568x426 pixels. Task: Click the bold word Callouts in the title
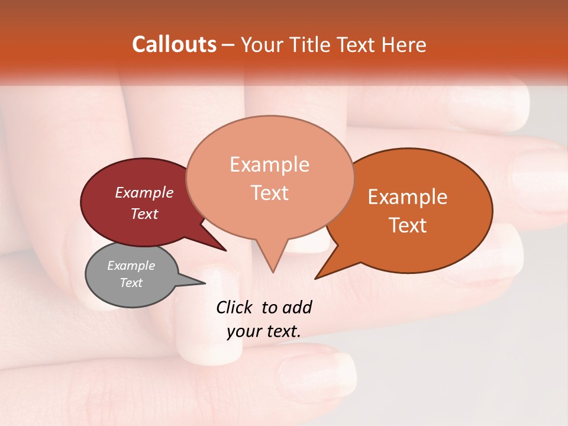point(174,44)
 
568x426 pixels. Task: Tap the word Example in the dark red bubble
point(144,192)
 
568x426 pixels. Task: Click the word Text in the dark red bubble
point(144,214)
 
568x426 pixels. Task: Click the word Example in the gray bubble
point(131,266)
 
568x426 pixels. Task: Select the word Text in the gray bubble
point(131,283)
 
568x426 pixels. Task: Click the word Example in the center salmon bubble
point(269,164)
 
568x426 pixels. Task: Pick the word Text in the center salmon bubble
point(269,193)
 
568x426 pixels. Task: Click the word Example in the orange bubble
point(408,197)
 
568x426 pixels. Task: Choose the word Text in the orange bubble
point(408,225)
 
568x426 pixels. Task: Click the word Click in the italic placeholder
point(235,307)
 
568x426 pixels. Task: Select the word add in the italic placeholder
point(297,307)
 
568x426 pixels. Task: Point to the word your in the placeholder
point(244,332)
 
